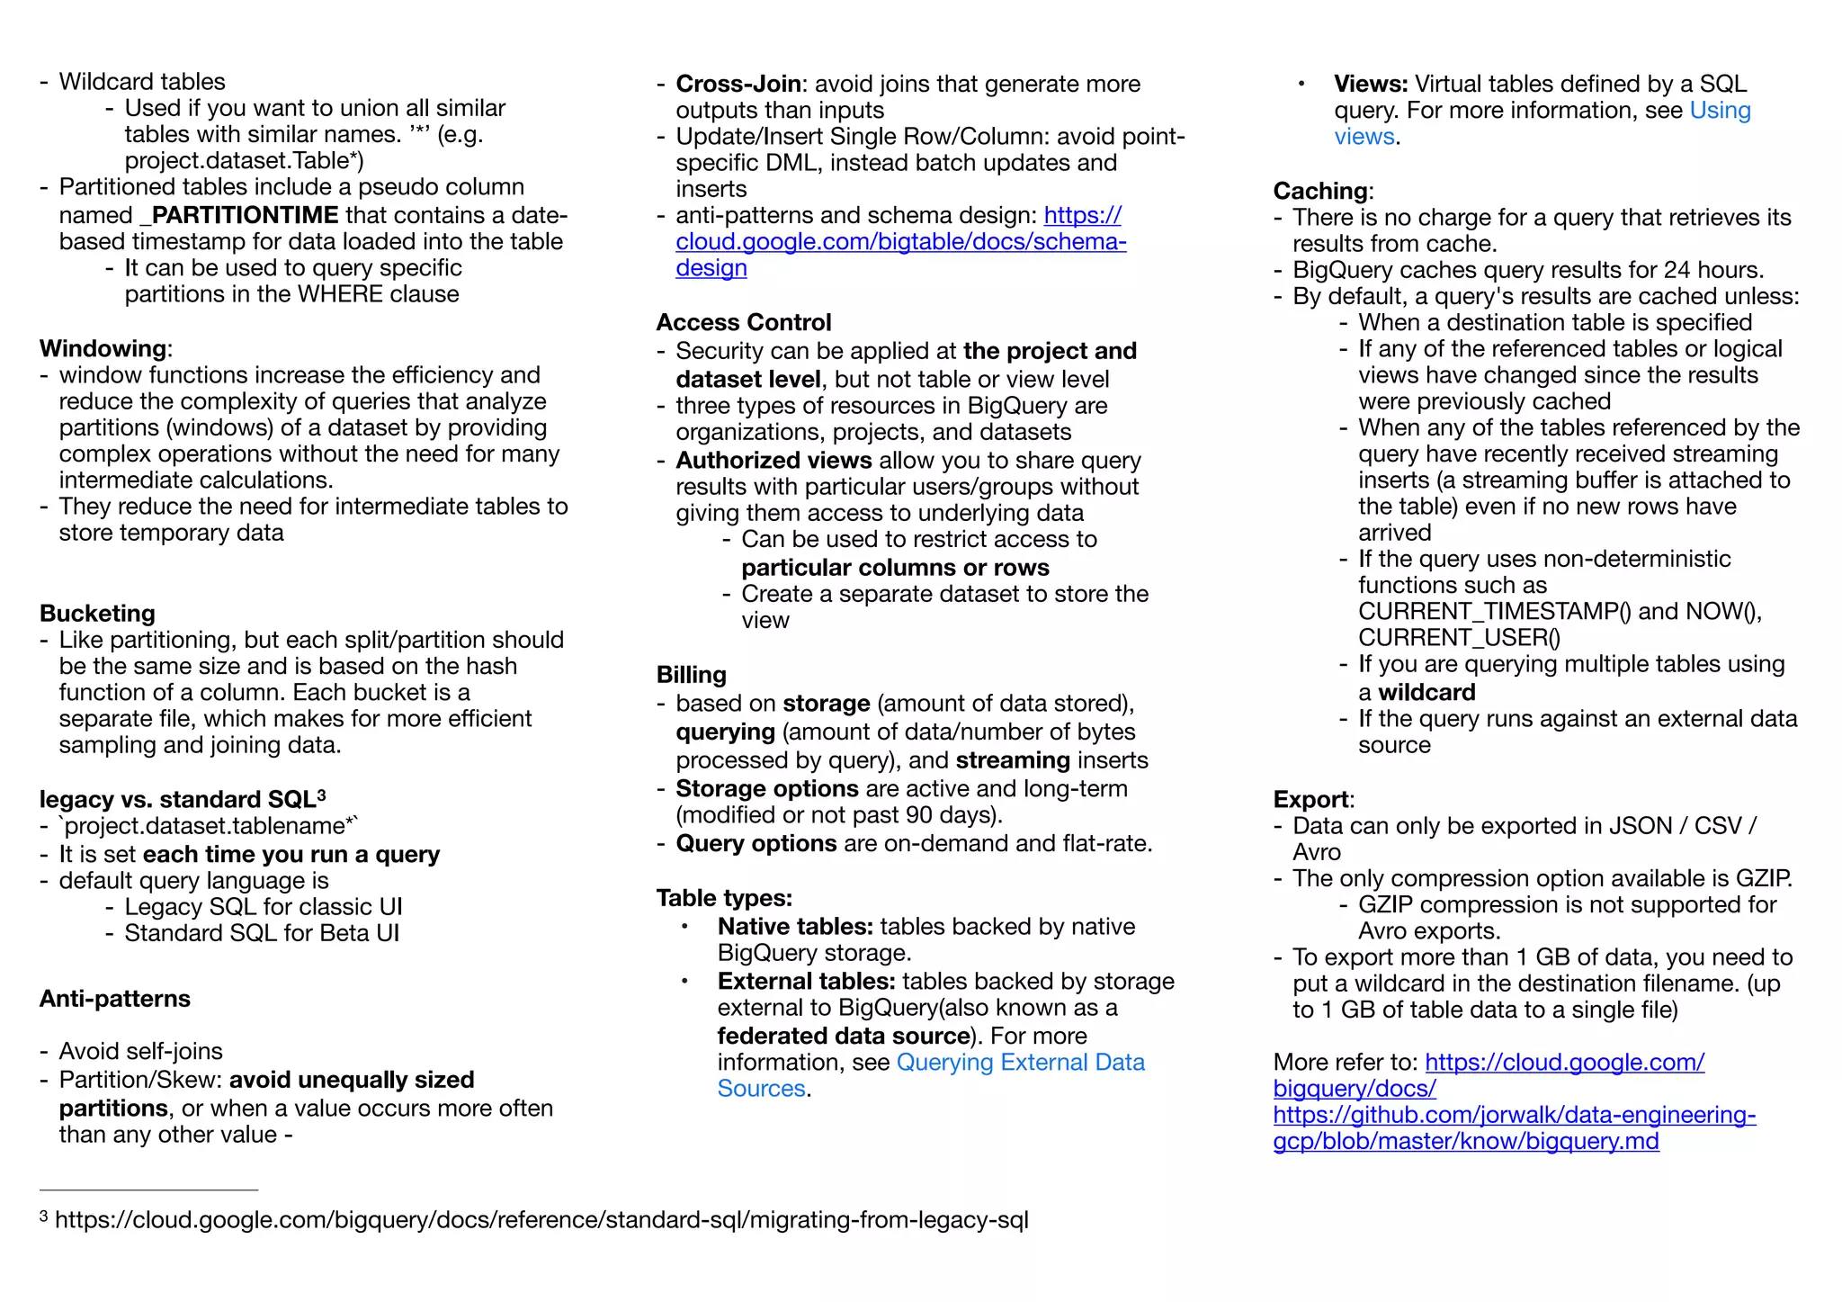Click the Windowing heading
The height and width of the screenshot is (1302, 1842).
[x=103, y=348]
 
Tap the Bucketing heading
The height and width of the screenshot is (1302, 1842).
[x=97, y=614]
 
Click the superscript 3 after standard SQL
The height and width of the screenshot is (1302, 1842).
[x=321, y=795]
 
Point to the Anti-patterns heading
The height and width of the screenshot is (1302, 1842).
[x=115, y=999]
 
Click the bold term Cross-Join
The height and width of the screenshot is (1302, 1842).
[x=738, y=84]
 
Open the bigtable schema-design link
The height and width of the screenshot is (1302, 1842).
[x=899, y=242]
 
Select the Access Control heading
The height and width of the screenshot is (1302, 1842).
[x=743, y=322]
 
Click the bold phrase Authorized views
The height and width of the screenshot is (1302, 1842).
[x=773, y=461]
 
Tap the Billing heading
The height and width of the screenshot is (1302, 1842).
[x=691, y=675]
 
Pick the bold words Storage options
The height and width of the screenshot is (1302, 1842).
[x=766, y=789]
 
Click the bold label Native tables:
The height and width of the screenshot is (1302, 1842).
[x=795, y=927]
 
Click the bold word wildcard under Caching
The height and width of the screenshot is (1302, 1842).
[x=1426, y=693]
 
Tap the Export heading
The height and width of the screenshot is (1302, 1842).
[x=1311, y=800]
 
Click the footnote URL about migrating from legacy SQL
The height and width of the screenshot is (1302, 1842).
[x=541, y=1220]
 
